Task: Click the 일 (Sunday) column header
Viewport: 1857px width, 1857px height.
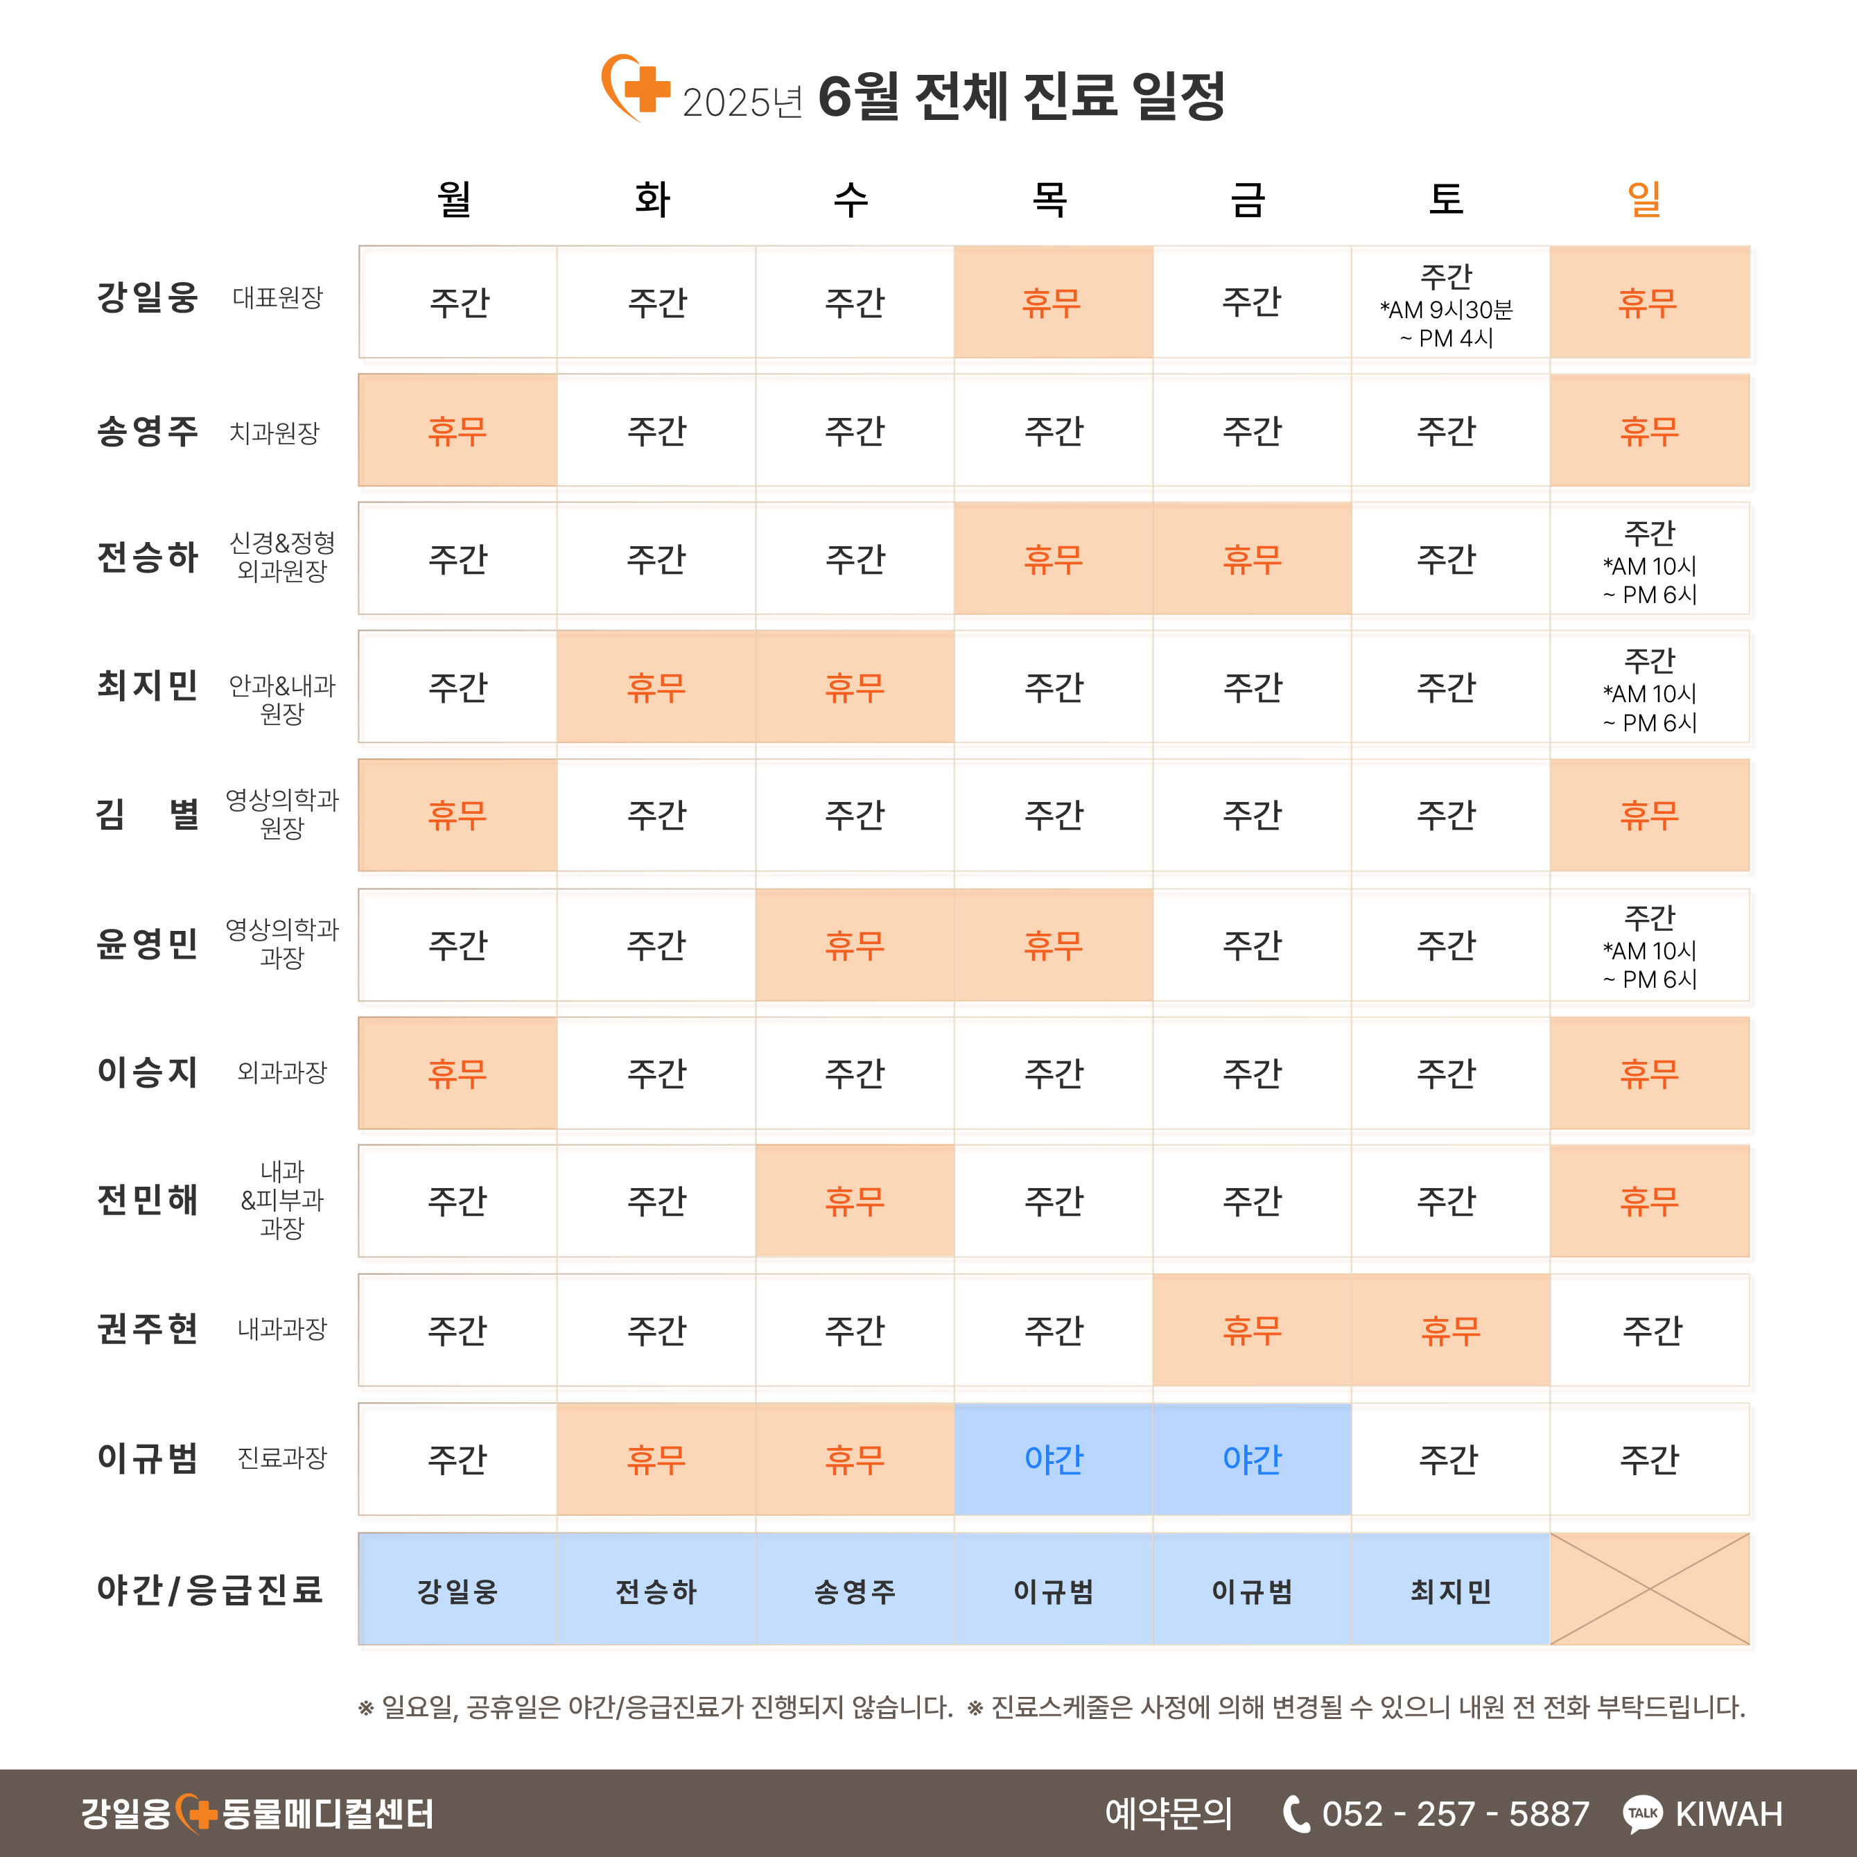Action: point(1645,199)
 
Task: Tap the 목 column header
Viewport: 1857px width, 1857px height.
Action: point(1049,199)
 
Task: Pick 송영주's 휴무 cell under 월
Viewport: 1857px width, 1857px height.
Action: point(457,430)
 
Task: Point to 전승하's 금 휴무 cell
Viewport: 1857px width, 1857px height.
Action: point(1251,559)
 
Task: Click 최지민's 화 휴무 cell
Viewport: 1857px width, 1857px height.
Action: point(656,687)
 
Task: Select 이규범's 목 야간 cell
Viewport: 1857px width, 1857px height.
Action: point(1054,1459)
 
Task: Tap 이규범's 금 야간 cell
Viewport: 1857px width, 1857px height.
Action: point(1251,1459)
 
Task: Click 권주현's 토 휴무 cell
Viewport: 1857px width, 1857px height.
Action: point(1450,1330)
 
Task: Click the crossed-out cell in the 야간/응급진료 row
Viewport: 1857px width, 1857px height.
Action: point(1649,1589)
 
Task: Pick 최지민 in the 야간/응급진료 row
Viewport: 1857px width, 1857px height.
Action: point(1450,1591)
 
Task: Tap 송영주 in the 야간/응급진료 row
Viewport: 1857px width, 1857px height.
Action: point(855,1591)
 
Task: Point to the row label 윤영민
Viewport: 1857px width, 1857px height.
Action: point(147,944)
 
